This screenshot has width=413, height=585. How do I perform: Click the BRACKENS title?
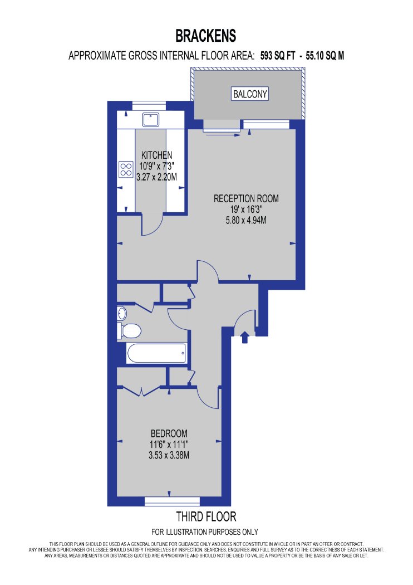click(x=206, y=36)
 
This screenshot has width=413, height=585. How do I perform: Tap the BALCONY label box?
click(x=250, y=94)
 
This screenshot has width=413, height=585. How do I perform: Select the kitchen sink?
click(x=151, y=119)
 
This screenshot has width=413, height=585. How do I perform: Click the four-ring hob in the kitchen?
click(x=126, y=169)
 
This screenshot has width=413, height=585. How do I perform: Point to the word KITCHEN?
click(x=156, y=155)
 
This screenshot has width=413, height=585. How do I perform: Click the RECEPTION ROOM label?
click(x=246, y=198)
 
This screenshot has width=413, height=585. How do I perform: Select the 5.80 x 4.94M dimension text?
click(x=246, y=220)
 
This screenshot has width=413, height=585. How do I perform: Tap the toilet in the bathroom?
click(x=129, y=330)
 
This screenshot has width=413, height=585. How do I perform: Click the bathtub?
click(x=156, y=353)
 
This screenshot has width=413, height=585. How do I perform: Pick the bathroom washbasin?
click(x=122, y=313)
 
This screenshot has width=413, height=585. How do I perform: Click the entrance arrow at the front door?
click(x=244, y=337)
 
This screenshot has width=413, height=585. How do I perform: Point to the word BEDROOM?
click(x=169, y=433)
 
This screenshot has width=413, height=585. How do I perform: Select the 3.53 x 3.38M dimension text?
click(x=169, y=455)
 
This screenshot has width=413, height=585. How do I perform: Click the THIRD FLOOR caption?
click(x=206, y=516)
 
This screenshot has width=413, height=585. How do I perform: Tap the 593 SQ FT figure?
click(x=278, y=56)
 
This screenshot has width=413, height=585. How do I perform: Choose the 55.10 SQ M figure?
click(x=325, y=56)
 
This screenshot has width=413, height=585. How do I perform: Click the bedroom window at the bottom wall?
click(x=172, y=501)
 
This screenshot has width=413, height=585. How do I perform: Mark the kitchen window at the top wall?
click(x=149, y=106)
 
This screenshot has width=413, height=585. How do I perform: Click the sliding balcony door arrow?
click(x=223, y=135)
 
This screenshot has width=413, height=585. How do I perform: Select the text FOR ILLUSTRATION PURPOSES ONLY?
click(x=205, y=532)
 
